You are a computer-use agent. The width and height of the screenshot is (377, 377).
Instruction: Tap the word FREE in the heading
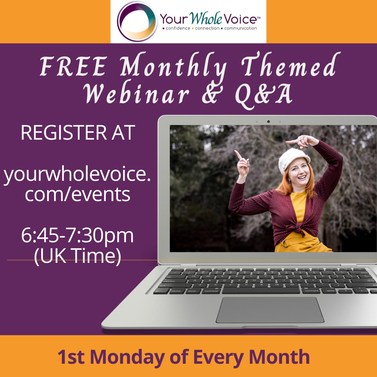pos(73,66)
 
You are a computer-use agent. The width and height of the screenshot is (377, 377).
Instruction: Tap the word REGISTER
pos(64,133)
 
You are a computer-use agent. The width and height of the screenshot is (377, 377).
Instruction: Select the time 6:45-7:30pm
pos(77,236)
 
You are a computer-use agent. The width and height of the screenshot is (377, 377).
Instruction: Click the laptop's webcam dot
pos(268,122)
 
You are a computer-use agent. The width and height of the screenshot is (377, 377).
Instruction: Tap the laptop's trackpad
pos(270,310)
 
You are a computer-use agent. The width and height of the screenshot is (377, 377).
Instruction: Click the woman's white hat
pos(293,159)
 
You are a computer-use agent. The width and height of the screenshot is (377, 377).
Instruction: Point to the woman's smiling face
pos(299,173)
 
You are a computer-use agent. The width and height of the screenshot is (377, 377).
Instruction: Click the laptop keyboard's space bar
pos(261,290)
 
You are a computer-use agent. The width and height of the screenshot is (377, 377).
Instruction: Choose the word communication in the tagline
pos(241,28)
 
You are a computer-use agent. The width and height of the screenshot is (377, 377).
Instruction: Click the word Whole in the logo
pos(206,18)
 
